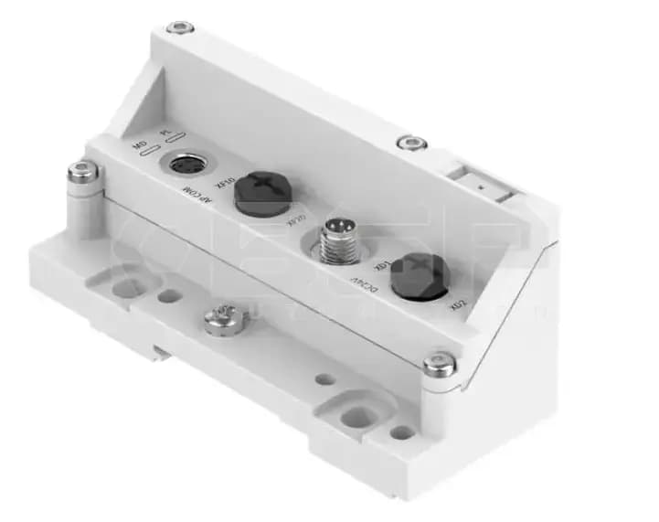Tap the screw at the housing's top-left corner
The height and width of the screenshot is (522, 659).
click(179, 27)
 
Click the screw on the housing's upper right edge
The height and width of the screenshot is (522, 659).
click(411, 143)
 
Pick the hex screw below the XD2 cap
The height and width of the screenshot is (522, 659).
click(439, 365)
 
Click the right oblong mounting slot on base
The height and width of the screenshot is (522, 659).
click(359, 416)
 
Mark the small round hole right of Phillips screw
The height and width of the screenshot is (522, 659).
click(324, 378)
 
